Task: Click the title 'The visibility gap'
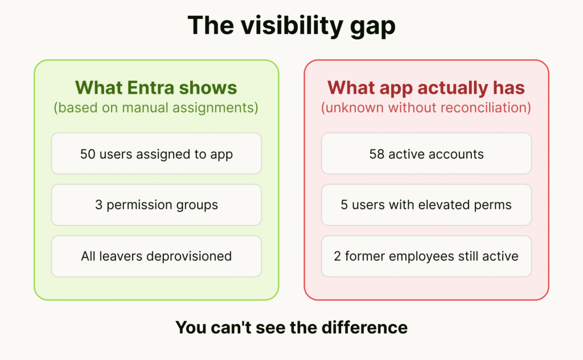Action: point(291,26)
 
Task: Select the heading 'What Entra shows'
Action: point(156,88)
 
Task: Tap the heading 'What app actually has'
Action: point(426,88)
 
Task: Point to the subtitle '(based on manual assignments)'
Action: point(156,108)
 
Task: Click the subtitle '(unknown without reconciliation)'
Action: point(426,108)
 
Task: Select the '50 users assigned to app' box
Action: point(157,154)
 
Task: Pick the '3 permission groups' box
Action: point(157,205)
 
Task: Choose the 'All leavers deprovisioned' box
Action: point(157,256)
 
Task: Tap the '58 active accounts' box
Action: point(426,154)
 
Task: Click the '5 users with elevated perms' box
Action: point(426,205)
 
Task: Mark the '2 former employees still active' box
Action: point(426,256)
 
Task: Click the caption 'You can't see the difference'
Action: point(291,328)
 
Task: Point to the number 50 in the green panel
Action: point(88,154)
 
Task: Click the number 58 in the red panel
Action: point(377,154)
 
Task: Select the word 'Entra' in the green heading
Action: point(150,88)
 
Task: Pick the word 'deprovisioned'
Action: point(189,256)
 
